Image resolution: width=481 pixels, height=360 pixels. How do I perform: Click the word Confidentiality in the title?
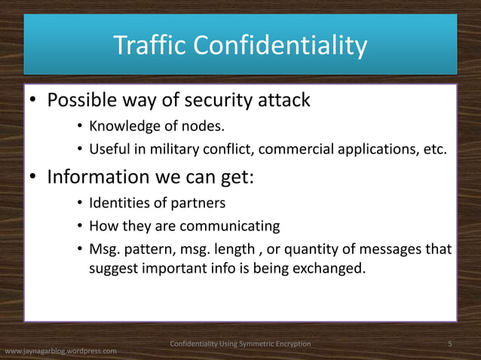click(x=280, y=46)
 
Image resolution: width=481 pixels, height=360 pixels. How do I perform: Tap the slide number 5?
click(x=450, y=344)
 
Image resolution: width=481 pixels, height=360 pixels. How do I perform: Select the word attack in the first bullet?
click(x=280, y=100)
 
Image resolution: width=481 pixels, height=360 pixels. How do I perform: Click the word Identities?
click(x=119, y=204)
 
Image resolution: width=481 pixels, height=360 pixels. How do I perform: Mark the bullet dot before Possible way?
click(x=34, y=101)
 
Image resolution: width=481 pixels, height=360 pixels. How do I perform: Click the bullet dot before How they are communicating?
click(x=79, y=227)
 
